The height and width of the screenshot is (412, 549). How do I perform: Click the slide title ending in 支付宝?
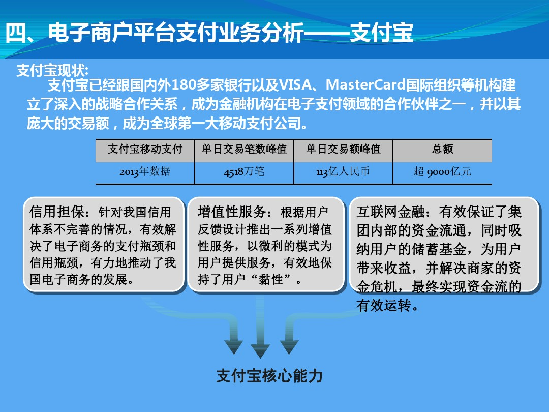pyautogui.click(x=209, y=33)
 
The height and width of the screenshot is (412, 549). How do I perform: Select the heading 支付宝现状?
pyautogui.click(x=52, y=70)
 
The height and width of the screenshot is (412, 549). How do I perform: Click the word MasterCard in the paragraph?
pyautogui.click(x=365, y=85)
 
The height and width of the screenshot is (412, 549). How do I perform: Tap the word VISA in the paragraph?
pyautogui.click(x=295, y=85)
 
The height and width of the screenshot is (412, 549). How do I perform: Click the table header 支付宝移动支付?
pyautogui.click(x=145, y=149)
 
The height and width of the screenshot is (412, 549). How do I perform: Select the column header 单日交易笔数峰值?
pyautogui.click(x=244, y=149)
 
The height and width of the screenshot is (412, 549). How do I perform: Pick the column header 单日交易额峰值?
pyautogui.click(x=343, y=149)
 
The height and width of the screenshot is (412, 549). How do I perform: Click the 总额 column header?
pyautogui.click(x=443, y=149)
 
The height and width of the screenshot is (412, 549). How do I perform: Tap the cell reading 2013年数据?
pyautogui.click(x=145, y=172)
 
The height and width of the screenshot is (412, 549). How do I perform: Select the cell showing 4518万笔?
pyautogui.click(x=244, y=172)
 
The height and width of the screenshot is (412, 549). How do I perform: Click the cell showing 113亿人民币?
pyautogui.click(x=343, y=172)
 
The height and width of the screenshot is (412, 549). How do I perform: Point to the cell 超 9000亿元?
pyautogui.click(x=443, y=172)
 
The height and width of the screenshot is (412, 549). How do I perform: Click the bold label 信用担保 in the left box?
pyautogui.click(x=57, y=212)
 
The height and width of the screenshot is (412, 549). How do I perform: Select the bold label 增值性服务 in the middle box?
pyautogui.click(x=231, y=212)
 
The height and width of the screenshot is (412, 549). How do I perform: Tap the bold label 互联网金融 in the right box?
pyautogui.click(x=390, y=212)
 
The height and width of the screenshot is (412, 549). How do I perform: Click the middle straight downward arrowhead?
pyautogui.click(x=260, y=350)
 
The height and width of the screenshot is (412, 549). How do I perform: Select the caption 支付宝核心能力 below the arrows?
pyautogui.click(x=269, y=375)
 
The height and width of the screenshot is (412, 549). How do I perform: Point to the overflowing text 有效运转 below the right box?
pyautogui.click(x=384, y=306)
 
